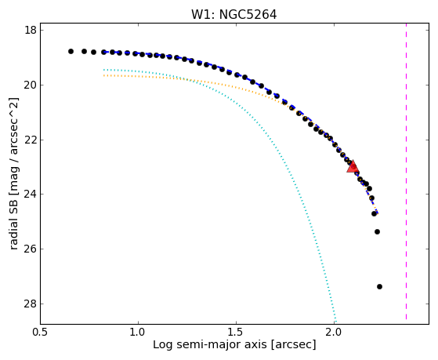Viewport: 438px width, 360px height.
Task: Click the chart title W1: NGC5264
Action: pyautogui.click(x=233, y=15)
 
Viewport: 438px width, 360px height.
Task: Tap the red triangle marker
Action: pyautogui.click(x=353, y=167)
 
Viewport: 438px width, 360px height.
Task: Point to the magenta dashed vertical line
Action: pyautogui.click(x=406, y=171)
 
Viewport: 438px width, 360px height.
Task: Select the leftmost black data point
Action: pyautogui.click(x=71, y=52)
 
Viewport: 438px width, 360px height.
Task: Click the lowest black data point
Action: pyautogui.click(x=379, y=287)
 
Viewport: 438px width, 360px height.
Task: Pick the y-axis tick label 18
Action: pyautogui.click(x=31, y=30)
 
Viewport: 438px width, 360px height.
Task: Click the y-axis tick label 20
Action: pyautogui.click(x=31, y=85)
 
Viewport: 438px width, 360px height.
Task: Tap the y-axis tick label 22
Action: pyautogui.click(x=31, y=140)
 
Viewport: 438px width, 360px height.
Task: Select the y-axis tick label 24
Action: pyautogui.click(x=31, y=195)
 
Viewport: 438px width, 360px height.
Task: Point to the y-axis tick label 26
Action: pyautogui.click(x=31, y=249)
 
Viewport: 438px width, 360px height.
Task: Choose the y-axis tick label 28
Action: pyautogui.click(x=31, y=304)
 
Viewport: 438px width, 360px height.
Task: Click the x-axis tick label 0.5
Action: pyautogui.click(x=40, y=333)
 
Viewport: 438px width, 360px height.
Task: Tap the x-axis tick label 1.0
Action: pyautogui.click(x=138, y=333)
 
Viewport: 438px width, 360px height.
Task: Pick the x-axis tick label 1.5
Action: pyautogui.click(x=237, y=333)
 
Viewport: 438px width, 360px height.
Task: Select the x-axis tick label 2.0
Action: pyautogui.click(x=335, y=333)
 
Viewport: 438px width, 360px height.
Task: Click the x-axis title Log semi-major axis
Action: pyautogui.click(x=210, y=344)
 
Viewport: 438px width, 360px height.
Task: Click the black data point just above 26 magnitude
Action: pyautogui.click(x=377, y=232)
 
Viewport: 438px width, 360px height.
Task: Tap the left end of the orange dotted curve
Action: pyautogui.click(x=104, y=75)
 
